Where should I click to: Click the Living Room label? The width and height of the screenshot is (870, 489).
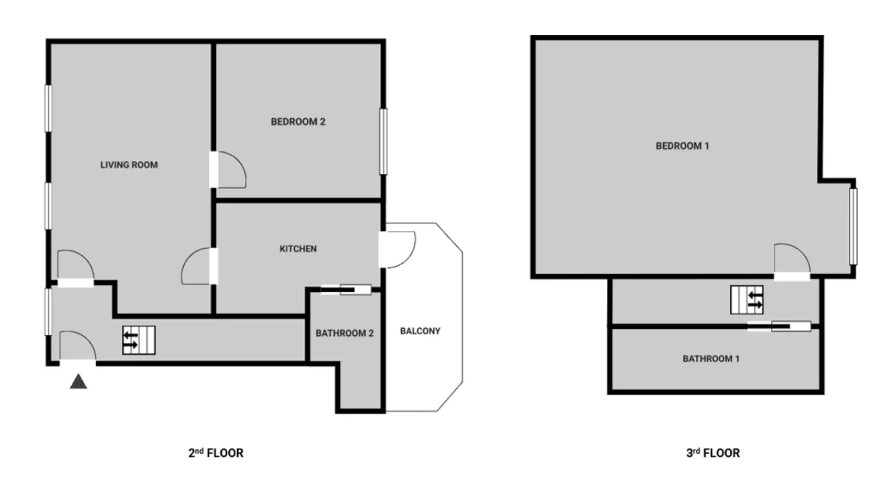click(x=129, y=165)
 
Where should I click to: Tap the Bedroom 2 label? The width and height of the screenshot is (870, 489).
click(x=298, y=122)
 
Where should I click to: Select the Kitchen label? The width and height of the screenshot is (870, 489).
click(x=298, y=249)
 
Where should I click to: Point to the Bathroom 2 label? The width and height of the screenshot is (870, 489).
click(x=345, y=333)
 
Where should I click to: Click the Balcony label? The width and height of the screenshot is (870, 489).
click(x=420, y=331)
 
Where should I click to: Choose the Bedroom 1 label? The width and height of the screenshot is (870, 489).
click(x=682, y=146)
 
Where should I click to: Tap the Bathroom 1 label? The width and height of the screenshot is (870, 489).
click(x=711, y=359)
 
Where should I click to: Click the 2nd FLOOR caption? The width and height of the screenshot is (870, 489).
click(x=216, y=453)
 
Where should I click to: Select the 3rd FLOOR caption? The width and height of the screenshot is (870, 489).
click(x=713, y=453)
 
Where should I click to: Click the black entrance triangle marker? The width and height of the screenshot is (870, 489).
click(x=78, y=381)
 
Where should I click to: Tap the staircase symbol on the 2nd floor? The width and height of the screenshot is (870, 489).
click(x=139, y=340)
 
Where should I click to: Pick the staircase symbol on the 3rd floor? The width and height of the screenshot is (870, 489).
click(x=747, y=299)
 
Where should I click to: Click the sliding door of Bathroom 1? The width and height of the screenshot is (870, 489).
click(x=780, y=327)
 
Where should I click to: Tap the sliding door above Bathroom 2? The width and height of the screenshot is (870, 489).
click(x=346, y=290)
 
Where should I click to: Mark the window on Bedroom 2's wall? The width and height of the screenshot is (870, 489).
click(x=383, y=141)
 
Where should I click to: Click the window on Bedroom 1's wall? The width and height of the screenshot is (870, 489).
click(x=853, y=226)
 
